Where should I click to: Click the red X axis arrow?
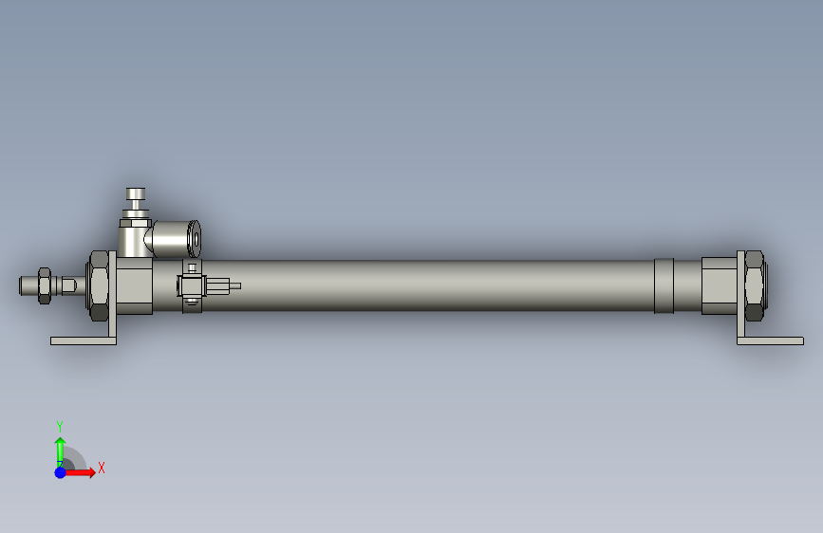[84, 471]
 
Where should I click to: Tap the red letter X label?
[101, 468]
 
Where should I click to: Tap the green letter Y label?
[60, 426]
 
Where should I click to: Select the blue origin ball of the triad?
[60, 471]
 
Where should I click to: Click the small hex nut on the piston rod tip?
[43, 285]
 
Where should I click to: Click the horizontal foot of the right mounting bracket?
[771, 340]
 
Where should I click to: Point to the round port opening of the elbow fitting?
[195, 238]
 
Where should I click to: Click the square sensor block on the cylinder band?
[191, 285]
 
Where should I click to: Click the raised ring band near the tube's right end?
[664, 285]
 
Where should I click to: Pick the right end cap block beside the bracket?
[719, 285]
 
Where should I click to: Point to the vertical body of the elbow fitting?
[131, 237]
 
